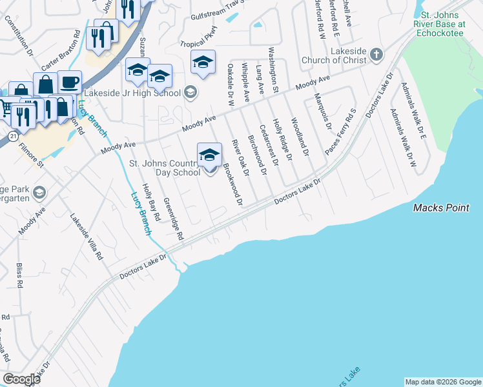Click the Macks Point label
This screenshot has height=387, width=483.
click(441, 208)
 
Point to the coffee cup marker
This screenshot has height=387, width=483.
click(70, 82)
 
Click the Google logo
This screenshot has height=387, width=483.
click(22, 379)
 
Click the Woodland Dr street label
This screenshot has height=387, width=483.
click(300, 134)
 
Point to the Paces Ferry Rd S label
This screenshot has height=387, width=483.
click(340, 132)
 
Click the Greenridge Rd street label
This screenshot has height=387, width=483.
click(174, 217)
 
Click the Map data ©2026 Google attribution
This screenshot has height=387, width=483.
click(443, 382)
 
